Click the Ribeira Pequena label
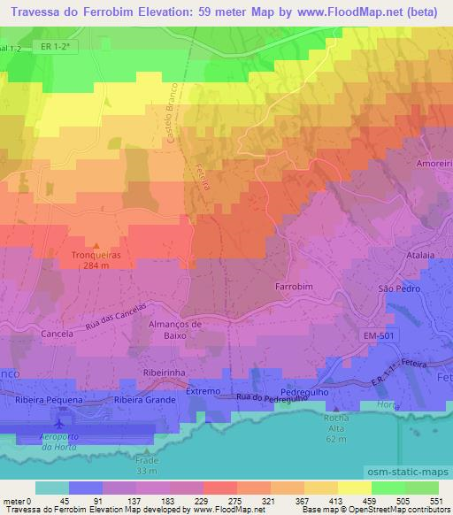(x=49, y=400)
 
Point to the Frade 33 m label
(x=148, y=465)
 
